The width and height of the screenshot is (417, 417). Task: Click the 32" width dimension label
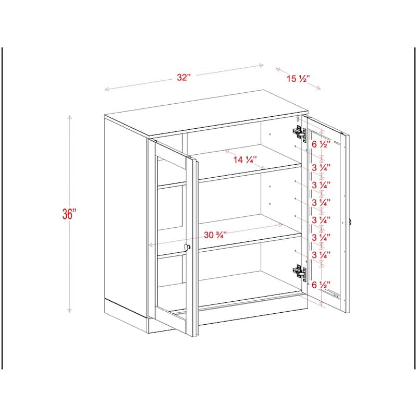(x=183, y=78)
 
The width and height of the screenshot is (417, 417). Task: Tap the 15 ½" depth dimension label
(x=299, y=79)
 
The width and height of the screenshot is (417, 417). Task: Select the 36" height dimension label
(x=69, y=214)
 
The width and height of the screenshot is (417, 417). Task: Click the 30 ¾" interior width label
(x=216, y=235)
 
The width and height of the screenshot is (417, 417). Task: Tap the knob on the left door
(x=188, y=247)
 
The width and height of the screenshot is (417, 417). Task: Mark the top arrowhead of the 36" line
(x=69, y=117)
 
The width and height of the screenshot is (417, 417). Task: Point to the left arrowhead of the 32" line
(x=106, y=90)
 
